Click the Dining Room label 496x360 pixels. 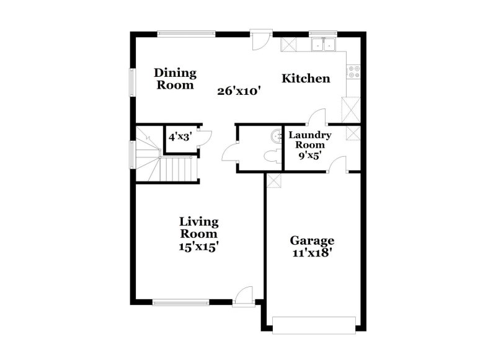tap(175, 79)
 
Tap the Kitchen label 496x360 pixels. tap(306, 79)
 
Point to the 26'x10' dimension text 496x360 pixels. tap(239, 90)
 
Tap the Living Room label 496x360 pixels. tap(198, 227)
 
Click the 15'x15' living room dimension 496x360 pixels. tap(198, 245)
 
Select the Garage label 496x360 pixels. tap(312, 240)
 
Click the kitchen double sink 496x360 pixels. tap(324, 44)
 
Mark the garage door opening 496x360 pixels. tap(314, 324)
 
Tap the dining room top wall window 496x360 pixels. tap(186, 33)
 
